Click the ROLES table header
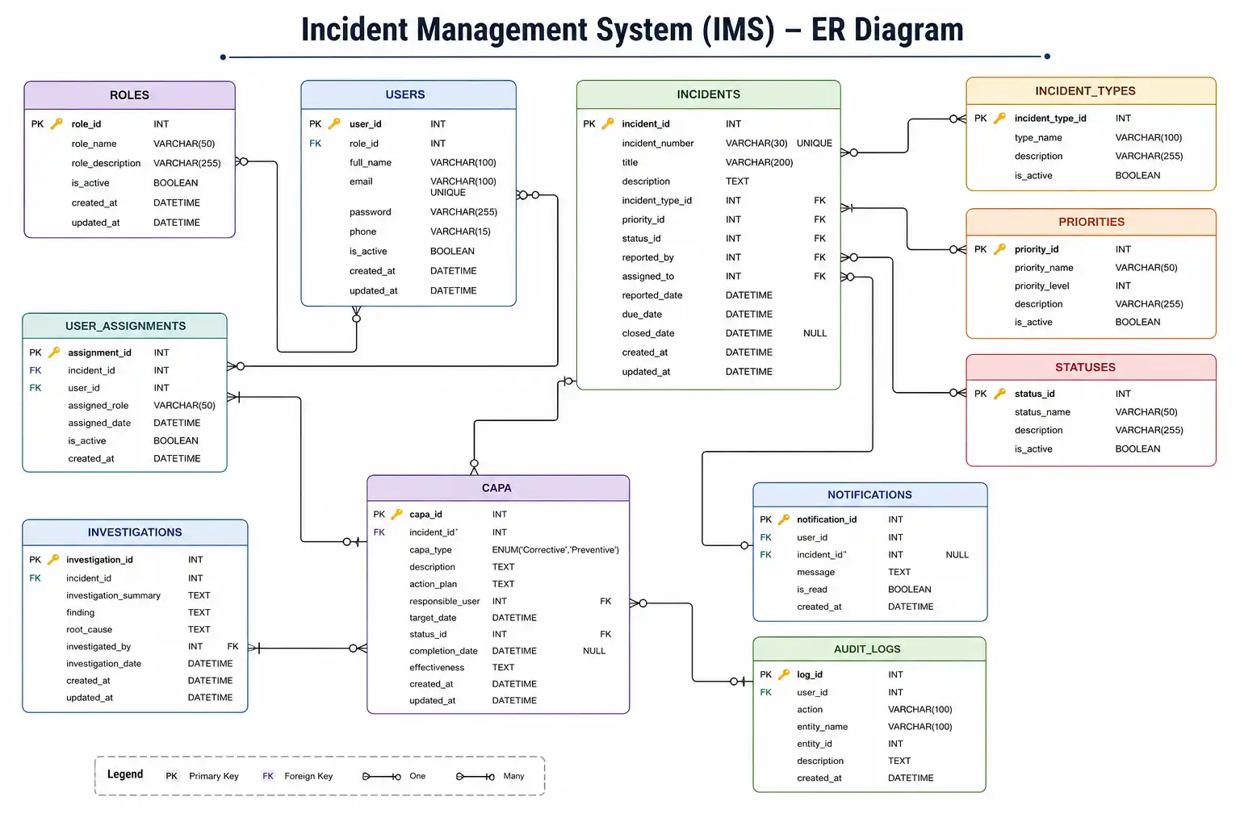click(129, 94)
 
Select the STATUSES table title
click(1085, 367)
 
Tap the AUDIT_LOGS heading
click(867, 649)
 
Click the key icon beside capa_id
click(396, 514)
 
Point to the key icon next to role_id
click(57, 123)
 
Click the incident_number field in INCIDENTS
click(657, 144)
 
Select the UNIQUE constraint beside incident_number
click(814, 144)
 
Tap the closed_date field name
click(647, 333)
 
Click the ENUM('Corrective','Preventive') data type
click(555, 549)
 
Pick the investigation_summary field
click(113, 595)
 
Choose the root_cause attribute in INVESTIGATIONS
click(89, 630)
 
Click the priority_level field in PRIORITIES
click(1041, 286)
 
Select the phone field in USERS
click(362, 232)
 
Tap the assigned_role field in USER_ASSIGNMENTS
click(98, 406)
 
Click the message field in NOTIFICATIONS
click(815, 572)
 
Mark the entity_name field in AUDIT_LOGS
click(822, 727)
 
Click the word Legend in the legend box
click(125, 774)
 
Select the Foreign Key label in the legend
click(308, 776)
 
